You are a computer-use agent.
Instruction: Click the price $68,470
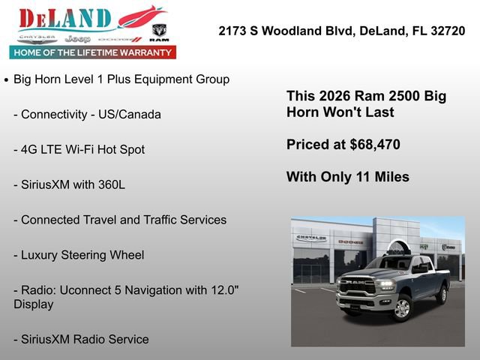pyautogui.click(x=373, y=145)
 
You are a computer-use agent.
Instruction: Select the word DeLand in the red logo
pyautogui.click(x=65, y=19)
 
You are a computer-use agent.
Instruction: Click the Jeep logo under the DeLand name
pyautogui.click(x=76, y=38)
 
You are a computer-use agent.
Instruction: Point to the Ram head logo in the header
pyautogui.click(x=159, y=31)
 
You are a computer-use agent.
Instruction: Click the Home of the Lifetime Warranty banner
pyautogui.click(x=93, y=52)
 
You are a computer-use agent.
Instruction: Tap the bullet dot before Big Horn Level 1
pyautogui.click(x=7, y=79)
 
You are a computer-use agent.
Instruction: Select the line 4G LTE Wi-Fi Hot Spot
pyautogui.click(x=79, y=149)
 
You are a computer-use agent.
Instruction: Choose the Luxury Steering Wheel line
pyautogui.click(x=79, y=255)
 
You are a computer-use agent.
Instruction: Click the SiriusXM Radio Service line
pyautogui.click(x=81, y=339)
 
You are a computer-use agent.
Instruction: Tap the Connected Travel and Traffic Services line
pyautogui.click(x=120, y=220)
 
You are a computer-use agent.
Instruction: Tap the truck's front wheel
pyautogui.click(x=403, y=307)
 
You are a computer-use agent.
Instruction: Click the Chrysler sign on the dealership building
pyautogui.click(x=310, y=238)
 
